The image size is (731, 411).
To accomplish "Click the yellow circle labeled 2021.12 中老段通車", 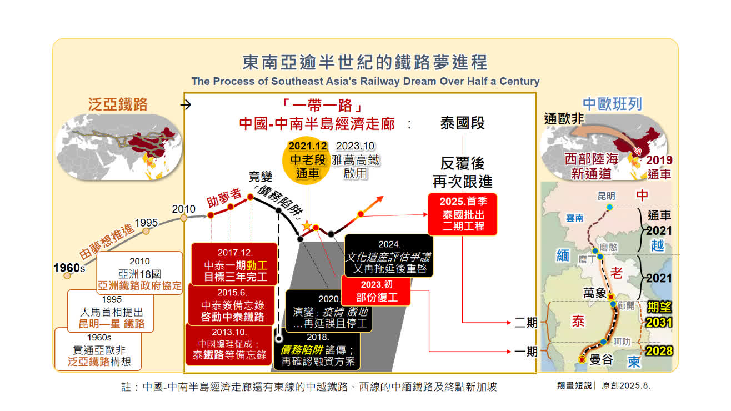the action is coord(307,161).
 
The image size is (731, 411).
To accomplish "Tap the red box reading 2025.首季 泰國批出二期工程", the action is coord(462,214).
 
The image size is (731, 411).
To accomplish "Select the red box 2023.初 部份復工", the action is coord(375,290).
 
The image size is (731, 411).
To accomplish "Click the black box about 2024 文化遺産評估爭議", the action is coord(389,256).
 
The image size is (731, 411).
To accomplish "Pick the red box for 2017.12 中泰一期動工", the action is coord(234,264).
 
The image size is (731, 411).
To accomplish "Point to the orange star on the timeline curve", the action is coord(307,225).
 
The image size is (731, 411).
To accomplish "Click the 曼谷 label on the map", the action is coord(601,359).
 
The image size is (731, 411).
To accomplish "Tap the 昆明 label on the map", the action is coord(607,196).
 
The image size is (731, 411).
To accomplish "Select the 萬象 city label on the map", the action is coord(594,293).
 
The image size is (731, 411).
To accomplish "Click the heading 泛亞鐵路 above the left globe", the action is coord(118,104).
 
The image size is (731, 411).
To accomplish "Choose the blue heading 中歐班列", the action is coord(612,104).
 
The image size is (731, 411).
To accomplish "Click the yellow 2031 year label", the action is coord(659,322).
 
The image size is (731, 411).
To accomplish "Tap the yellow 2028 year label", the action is coord(659,350).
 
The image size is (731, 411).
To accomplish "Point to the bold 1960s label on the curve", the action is coord(69,268).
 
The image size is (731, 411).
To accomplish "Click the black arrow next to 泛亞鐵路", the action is coord(186,105).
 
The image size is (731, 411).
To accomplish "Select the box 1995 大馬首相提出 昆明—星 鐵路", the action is coord(111,312).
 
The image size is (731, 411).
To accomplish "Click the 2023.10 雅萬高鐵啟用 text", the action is coord(356,160).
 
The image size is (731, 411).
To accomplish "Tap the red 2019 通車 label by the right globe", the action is coord(659,167).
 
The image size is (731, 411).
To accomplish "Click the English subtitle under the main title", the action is coord(365,81).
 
